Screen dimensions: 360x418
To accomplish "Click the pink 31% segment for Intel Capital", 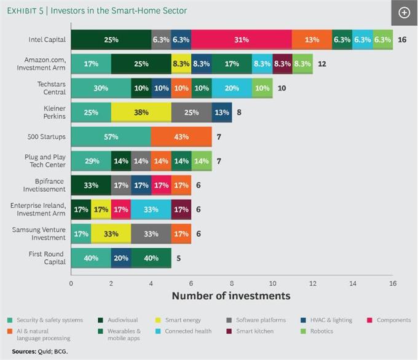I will tap(241, 39).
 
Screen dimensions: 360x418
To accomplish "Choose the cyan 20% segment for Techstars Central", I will tap(231, 87).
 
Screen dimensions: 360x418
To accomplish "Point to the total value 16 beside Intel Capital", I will tap(403, 39).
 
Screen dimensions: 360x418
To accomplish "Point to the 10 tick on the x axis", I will tap(272, 283).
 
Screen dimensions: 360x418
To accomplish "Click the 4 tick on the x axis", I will tap(151, 283).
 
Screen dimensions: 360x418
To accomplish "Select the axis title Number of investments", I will tap(231, 295).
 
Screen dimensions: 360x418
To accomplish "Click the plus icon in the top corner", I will tap(404, 12).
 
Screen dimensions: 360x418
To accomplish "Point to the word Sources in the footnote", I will tap(23, 352).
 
